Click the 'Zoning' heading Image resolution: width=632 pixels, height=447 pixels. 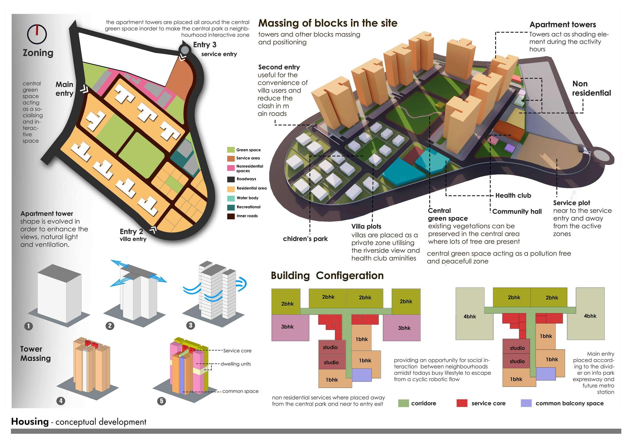click(x=38, y=52)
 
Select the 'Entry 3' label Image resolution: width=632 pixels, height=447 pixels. click(x=205, y=45)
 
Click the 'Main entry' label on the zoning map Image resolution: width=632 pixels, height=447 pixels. click(x=64, y=89)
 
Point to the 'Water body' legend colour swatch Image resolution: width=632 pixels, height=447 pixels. click(x=231, y=198)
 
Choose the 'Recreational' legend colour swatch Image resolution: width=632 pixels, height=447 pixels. click(x=231, y=207)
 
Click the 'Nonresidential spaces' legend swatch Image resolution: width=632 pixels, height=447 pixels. click(x=231, y=168)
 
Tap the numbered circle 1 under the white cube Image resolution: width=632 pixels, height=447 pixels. click(x=29, y=326)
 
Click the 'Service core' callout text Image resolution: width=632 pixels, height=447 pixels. click(x=237, y=351)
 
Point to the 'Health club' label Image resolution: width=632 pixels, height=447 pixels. click(x=513, y=195)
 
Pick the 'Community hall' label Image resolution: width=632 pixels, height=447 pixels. click(x=517, y=212)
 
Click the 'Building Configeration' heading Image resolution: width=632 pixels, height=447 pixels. click(x=327, y=275)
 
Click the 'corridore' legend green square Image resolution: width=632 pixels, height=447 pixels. click(x=404, y=403)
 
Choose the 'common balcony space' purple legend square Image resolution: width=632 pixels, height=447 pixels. click(x=526, y=403)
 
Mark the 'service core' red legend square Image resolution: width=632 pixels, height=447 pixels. click(x=462, y=403)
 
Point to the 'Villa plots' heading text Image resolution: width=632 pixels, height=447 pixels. click(x=366, y=227)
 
